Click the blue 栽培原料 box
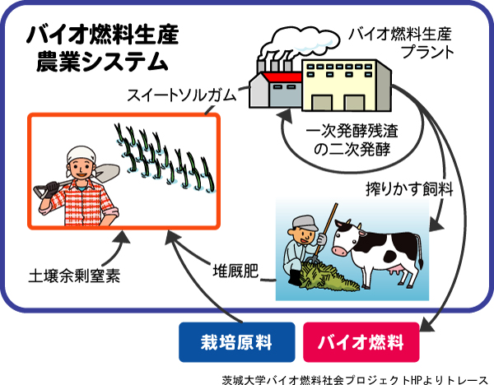point(237,342)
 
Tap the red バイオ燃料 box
point(361,342)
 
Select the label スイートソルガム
point(181,95)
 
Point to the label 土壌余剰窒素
point(74,276)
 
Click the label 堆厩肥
point(235,271)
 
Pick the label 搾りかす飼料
point(409,189)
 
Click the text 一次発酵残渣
point(352,131)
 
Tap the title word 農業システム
point(102,62)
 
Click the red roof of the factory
point(282,77)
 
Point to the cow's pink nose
point(339,251)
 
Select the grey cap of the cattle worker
point(305,223)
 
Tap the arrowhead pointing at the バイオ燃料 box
point(426,326)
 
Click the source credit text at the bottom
point(355,379)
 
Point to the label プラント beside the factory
point(427,52)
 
